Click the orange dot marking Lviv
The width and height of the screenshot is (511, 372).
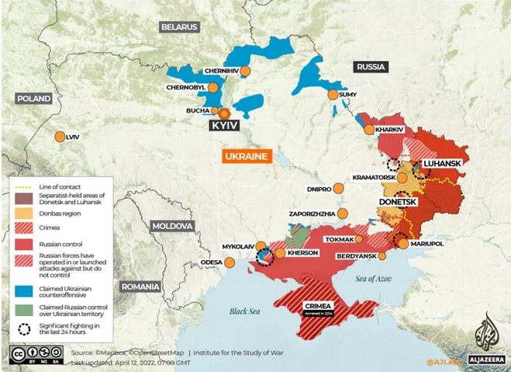coord(60,137)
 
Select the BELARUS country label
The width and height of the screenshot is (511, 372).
coord(180,26)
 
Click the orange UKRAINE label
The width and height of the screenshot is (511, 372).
coord(246,157)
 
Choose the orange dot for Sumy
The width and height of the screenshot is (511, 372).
coord(333,95)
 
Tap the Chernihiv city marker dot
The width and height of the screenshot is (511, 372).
coord(244,71)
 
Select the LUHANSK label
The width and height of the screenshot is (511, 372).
coord(442,164)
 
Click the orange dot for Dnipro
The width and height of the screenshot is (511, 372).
coord(340,189)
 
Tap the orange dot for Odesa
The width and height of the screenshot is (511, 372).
coord(229,262)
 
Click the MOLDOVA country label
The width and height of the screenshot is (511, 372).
coord(171,226)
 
